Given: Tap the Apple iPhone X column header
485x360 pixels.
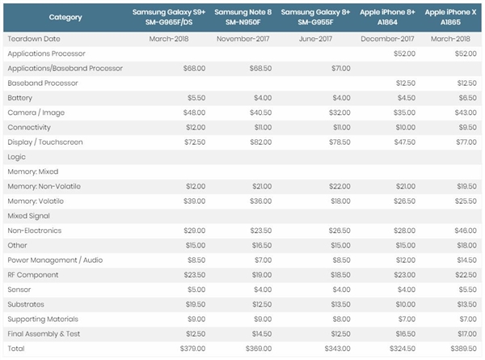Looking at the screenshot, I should (x=449, y=17).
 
